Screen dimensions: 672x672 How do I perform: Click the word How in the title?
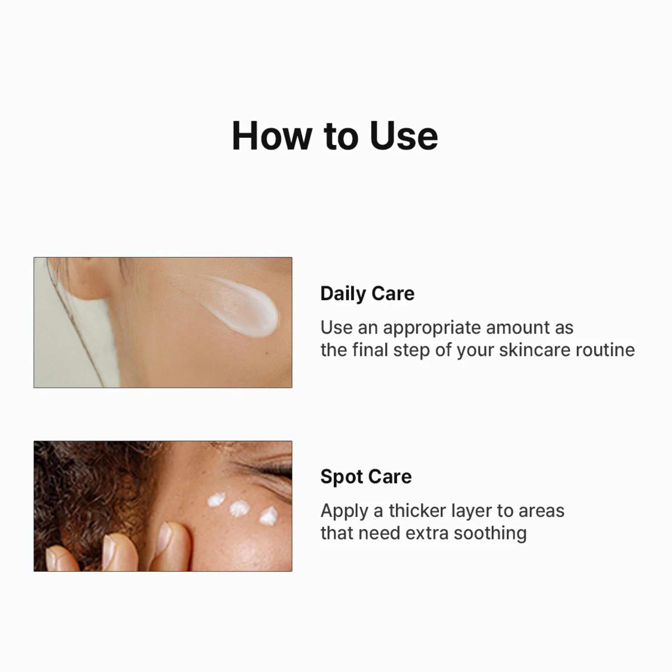click(271, 136)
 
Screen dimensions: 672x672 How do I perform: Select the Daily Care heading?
click(367, 294)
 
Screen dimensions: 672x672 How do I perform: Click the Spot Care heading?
click(366, 476)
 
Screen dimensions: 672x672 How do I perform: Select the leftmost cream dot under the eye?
click(216, 500)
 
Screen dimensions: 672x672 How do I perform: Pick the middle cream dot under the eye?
click(239, 508)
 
